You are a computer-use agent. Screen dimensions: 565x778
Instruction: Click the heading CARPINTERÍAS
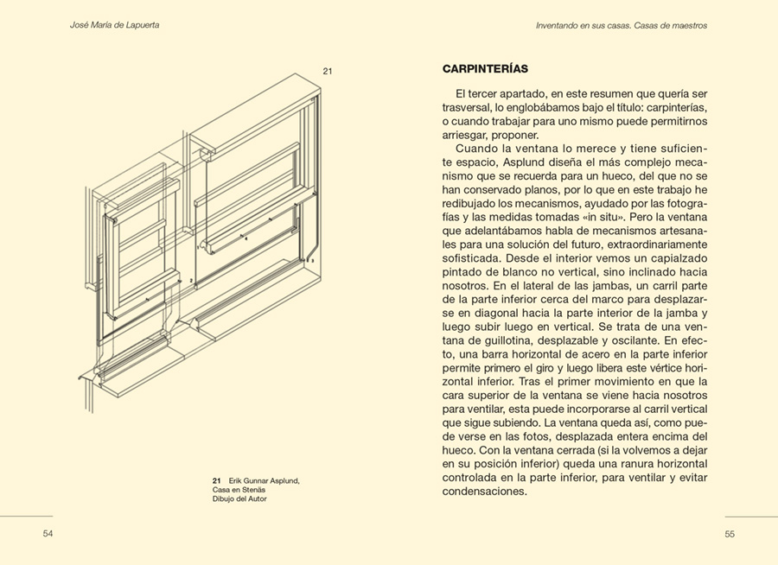coord(485,69)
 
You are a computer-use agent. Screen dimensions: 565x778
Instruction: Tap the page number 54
coord(48,534)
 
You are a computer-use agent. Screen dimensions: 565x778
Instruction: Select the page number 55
coord(730,534)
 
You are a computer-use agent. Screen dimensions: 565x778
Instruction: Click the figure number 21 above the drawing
coord(328,71)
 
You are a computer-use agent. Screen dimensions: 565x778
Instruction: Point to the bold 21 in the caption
coord(217,479)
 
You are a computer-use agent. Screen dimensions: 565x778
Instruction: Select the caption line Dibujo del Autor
coord(239,498)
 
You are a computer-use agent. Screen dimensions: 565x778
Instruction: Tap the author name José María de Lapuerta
coord(114,26)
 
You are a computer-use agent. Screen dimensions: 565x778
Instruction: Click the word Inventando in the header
coord(559,26)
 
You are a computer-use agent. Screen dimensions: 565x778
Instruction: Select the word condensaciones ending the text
coord(484,492)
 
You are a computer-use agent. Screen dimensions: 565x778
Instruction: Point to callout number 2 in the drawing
coord(190,281)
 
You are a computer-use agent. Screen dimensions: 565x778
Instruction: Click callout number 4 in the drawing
coord(246,238)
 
